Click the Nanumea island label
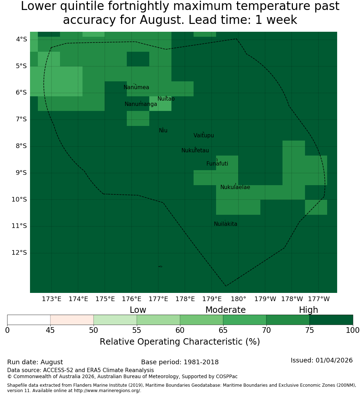point(136,87)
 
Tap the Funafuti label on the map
point(217,164)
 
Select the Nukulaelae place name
point(235,187)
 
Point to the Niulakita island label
point(225,224)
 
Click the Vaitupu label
point(204,136)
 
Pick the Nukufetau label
point(195,151)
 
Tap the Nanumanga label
point(141,104)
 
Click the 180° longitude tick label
point(239,299)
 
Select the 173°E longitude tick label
point(51,299)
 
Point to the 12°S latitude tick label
point(19,253)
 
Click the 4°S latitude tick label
point(21,39)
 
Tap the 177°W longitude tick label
point(319,299)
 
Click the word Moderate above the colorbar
point(225,310)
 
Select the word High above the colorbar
point(309,310)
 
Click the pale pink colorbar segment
point(72,320)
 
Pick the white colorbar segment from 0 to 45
point(29,320)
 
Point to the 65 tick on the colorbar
point(223,330)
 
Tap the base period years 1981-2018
point(201,362)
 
